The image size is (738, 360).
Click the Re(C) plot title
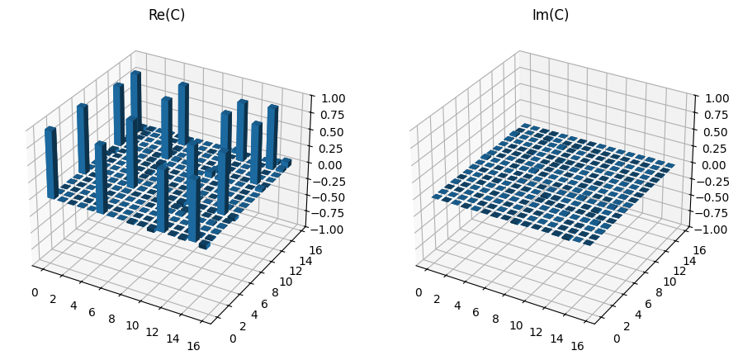166,15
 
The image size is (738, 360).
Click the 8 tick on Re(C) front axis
111,318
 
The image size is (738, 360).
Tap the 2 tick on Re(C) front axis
53,298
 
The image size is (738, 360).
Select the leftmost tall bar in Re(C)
50,162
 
